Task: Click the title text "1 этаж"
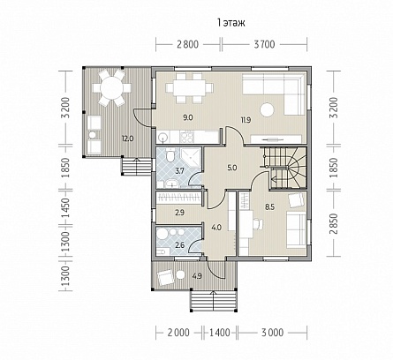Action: click(x=231, y=23)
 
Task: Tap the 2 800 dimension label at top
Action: click(x=188, y=44)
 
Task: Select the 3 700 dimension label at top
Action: click(x=264, y=44)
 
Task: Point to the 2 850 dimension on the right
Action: click(x=334, y=223)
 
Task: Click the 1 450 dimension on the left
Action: click(x=64, y=208)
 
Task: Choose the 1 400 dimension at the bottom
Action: click(x=220, y=333)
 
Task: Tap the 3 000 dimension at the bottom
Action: click(x=272, y=333)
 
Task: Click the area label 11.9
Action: click(x=246, y=120)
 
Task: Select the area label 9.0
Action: click(x=188, y=118)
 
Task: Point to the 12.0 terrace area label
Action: click(x=128, y=139)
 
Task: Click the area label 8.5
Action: click(x=269, y=207)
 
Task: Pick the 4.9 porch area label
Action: click(x=197, y=276)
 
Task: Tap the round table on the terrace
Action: click(x=111, y=87)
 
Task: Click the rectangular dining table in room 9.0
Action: click(x=189, y=88)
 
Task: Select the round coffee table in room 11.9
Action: click(x=267, y=110)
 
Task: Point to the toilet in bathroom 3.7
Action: click(x=170, y=154)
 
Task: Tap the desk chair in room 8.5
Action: click(x=258, y=224)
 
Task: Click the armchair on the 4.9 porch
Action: click(x=166, y=277)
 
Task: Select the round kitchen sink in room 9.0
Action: click(x=162, y=137)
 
